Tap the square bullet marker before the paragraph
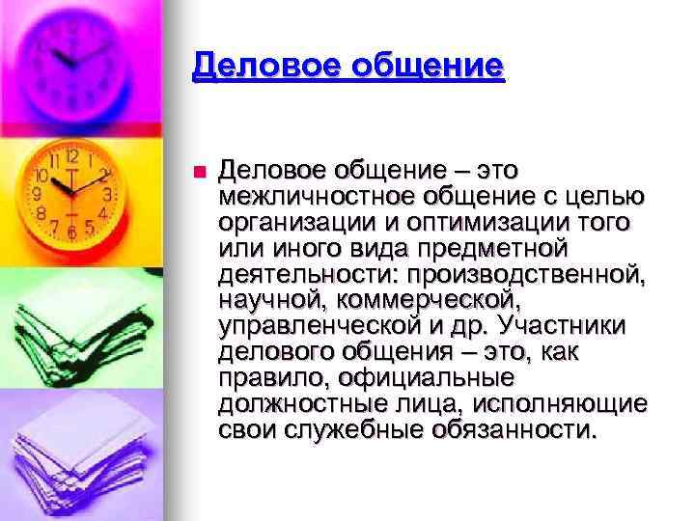(199, 173)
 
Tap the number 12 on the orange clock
(72, 155)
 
